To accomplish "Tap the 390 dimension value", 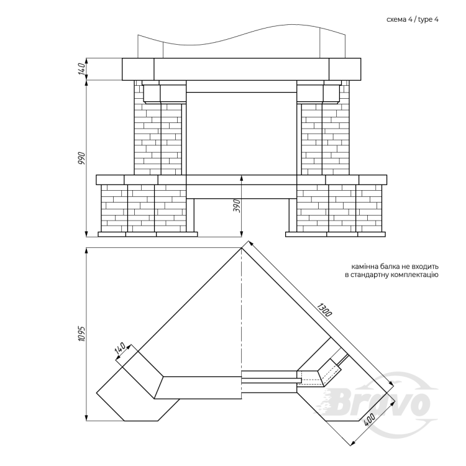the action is pos(237,206).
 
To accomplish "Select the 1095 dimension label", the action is pos(82,334).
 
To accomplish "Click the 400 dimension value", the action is pos(369,420).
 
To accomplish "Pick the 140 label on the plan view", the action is pos(120,348).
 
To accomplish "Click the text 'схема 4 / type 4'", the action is pos(413,20).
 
